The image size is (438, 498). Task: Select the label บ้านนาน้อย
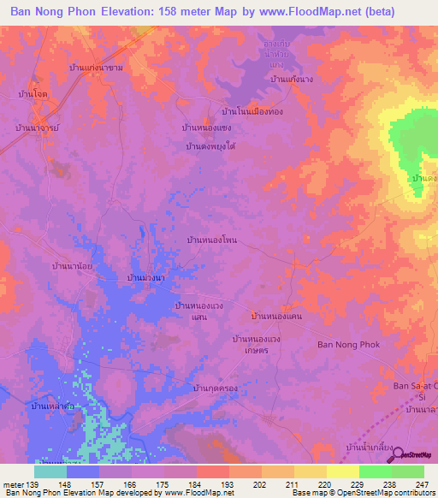click(73, 266)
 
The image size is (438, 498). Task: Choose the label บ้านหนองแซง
click(207, 127)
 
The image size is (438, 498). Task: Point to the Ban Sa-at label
click(414, 386)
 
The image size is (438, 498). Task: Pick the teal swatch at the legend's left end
click(50, 471)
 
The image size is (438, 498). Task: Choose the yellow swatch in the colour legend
click(343, 471)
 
